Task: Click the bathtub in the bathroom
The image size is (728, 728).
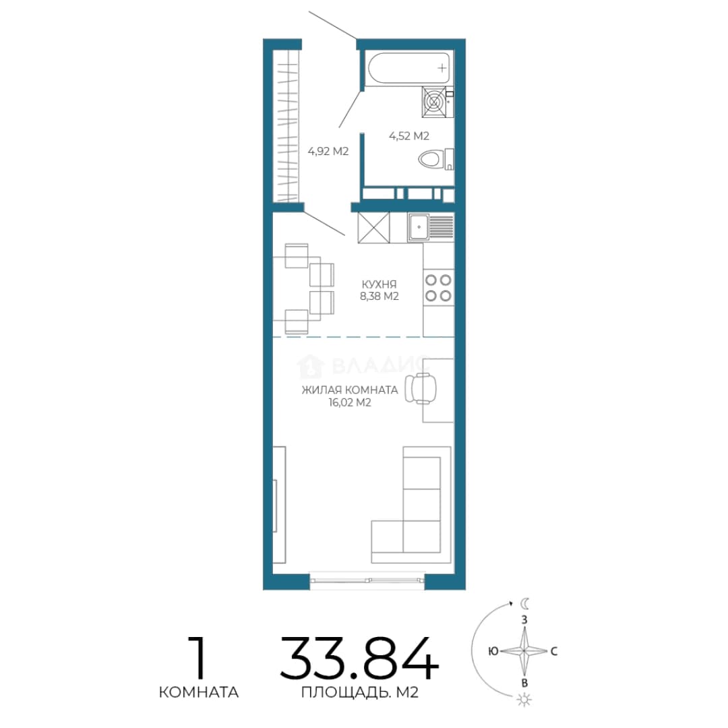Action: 409,68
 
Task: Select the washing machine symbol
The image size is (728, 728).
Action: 434,102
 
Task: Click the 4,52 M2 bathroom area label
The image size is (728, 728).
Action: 409,136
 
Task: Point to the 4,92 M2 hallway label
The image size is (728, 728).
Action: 328,152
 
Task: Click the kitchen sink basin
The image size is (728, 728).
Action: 419,227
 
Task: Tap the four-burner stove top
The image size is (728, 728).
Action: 438,288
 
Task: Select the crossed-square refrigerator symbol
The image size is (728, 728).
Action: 373,228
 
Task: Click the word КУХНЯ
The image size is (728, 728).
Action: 380,284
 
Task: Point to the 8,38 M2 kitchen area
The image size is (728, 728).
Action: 380,296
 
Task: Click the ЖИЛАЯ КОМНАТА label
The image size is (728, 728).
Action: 350,390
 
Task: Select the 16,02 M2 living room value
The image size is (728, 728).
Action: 350,402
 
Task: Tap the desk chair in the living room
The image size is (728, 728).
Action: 421,389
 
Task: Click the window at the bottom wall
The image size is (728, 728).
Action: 367,580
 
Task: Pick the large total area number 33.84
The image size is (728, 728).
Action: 359,658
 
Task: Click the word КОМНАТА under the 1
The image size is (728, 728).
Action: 199,692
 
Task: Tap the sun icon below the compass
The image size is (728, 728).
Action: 524,699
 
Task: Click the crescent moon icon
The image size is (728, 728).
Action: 524,603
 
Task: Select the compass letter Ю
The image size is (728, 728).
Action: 493,651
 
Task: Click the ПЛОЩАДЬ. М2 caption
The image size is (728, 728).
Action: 360,692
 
